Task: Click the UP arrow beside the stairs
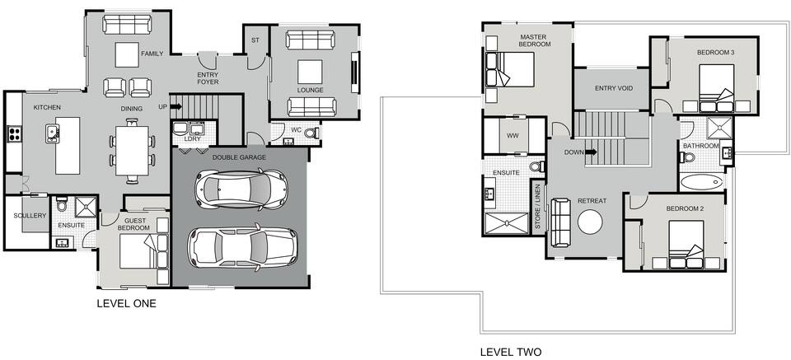(x=176, y=107)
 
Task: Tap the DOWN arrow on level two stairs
(x=592, y=152)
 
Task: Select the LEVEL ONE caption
(x=126, y=303)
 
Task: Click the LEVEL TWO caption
(x=511, y=352)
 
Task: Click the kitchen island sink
(x=52, y=133)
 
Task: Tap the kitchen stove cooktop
(x=14, y=134)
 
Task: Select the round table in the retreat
(x=590, y=222)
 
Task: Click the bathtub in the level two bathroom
(x=701, y=182)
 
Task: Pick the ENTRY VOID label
(x=613, y=88)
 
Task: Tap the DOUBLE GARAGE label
(x=239, y=157)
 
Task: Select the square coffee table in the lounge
(x=310, y=72)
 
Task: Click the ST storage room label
(x=255, y=40)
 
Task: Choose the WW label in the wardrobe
(x=513, y=136)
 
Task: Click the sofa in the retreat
(x=560, y=222)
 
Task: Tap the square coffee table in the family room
(x=127, y=54)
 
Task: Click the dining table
(x=132, y=151)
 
